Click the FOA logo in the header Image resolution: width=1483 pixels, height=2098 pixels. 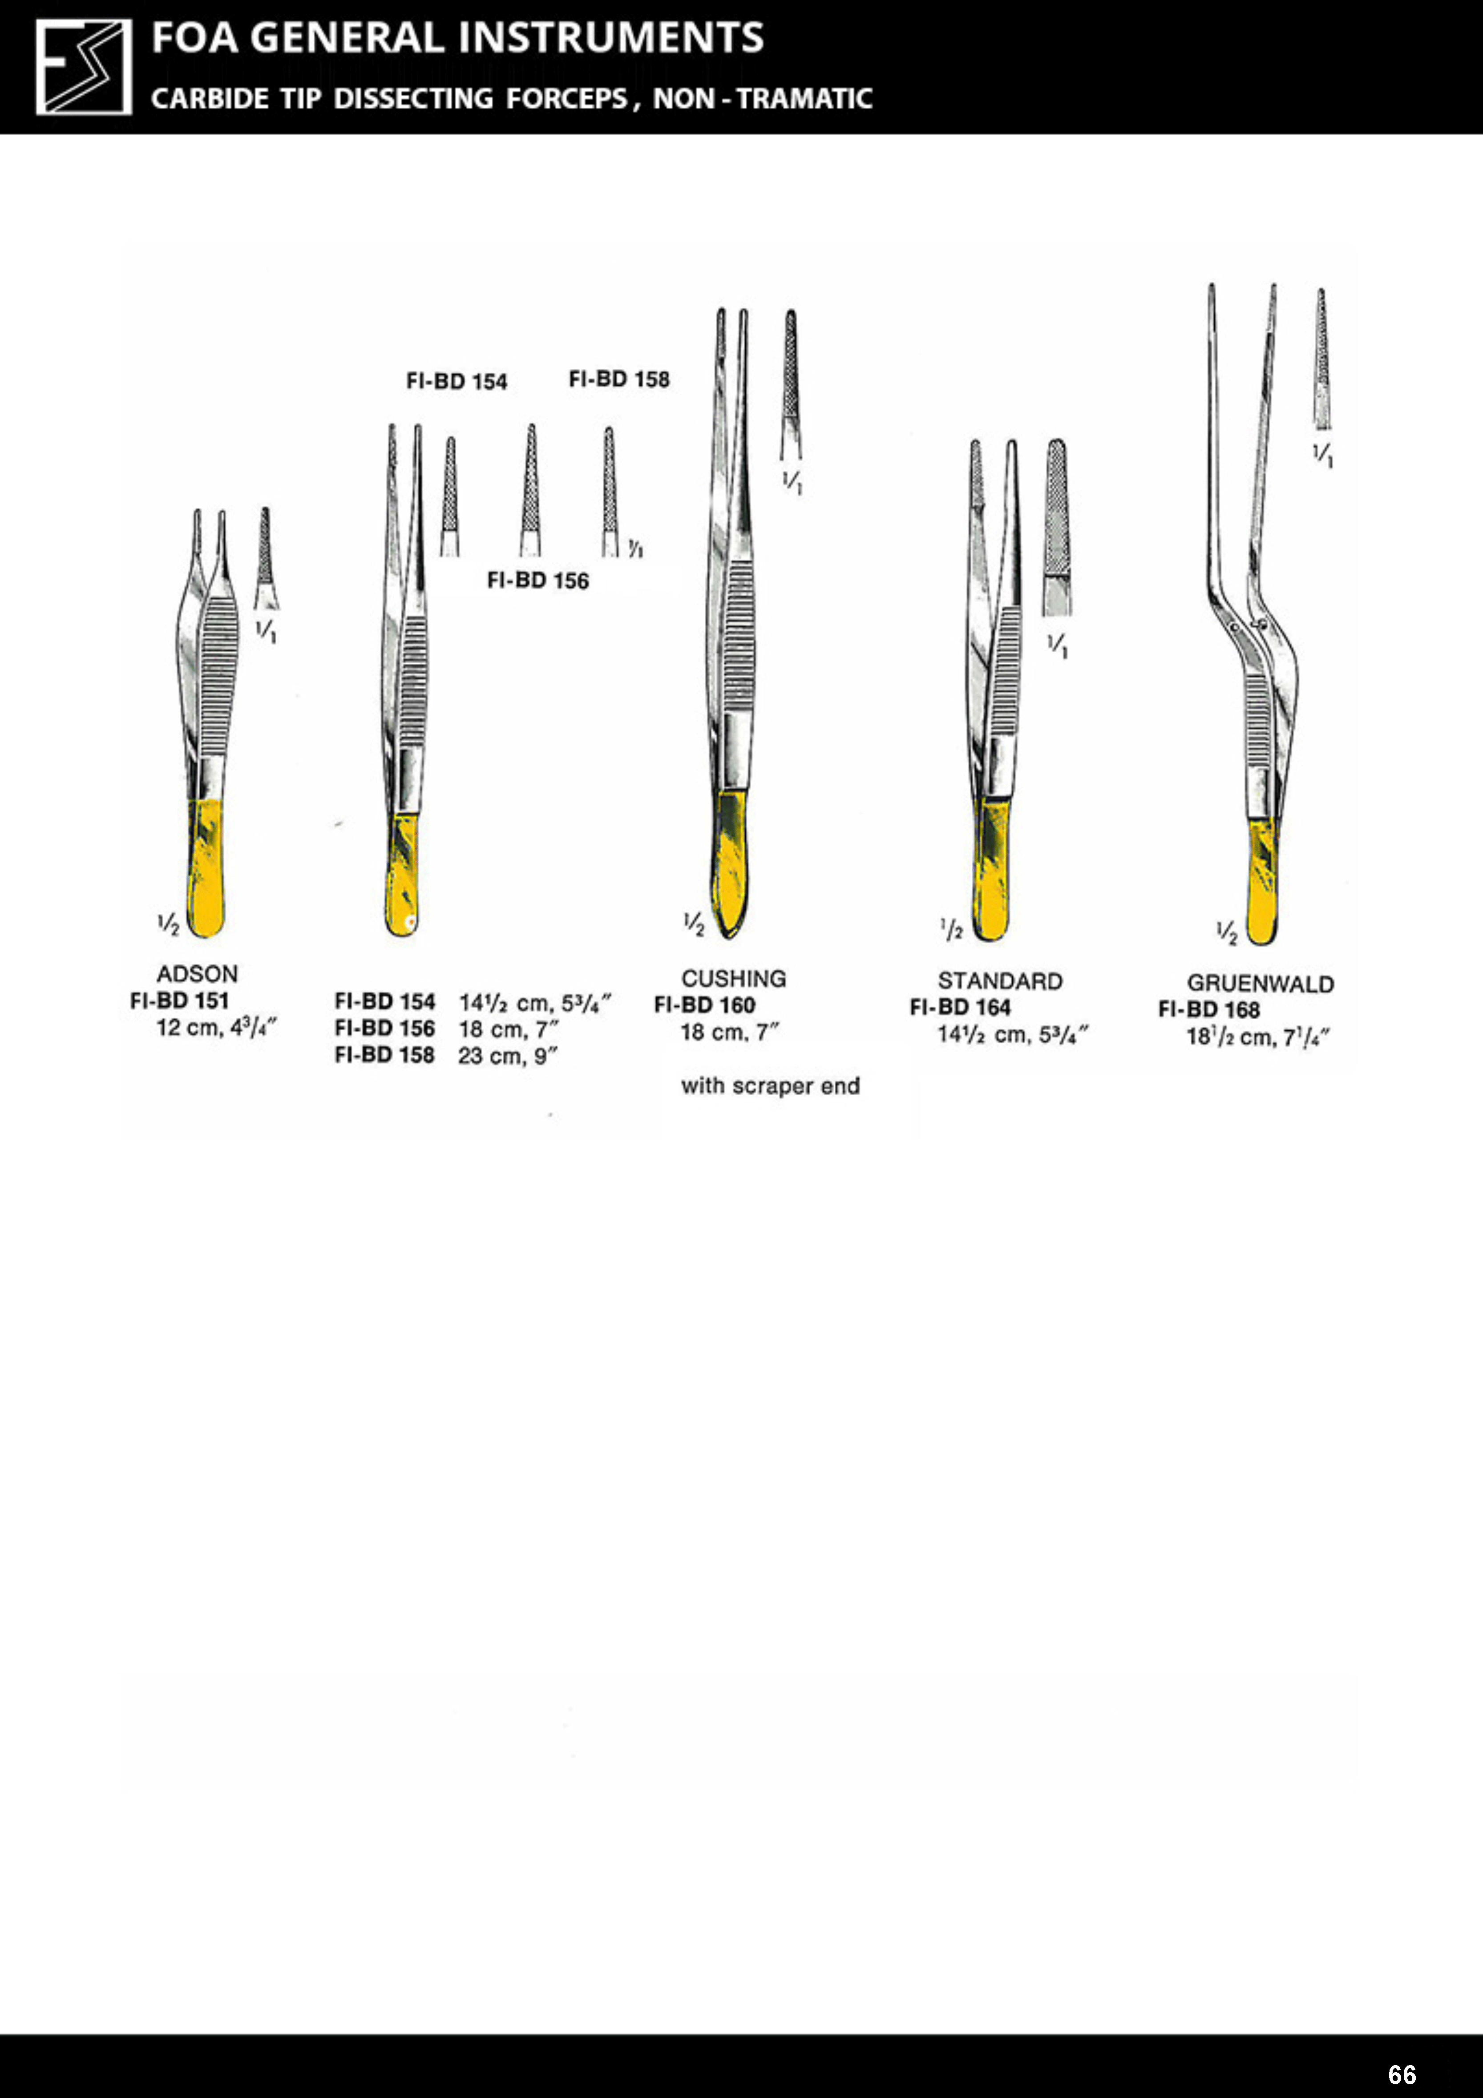[83, 67]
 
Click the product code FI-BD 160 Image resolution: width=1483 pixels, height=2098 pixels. [704, 1005]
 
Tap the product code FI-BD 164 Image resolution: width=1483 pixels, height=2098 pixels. [960, 1008]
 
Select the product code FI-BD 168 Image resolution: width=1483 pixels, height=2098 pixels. [1209, 1010]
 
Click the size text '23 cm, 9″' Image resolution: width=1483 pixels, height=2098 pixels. [508, 1056]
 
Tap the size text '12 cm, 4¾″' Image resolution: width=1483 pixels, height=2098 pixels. [217, 1028]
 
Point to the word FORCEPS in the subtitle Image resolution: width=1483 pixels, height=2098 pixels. [566, 98]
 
